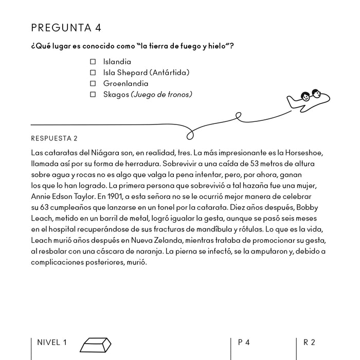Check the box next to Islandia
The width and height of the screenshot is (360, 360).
tap(93, 62)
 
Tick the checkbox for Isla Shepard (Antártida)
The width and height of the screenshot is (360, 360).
tap(93, 73)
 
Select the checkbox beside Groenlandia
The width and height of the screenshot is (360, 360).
tap(93, 83)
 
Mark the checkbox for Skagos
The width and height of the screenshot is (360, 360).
tap(93, 94)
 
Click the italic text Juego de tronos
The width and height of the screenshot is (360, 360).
tap(162, 94)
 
